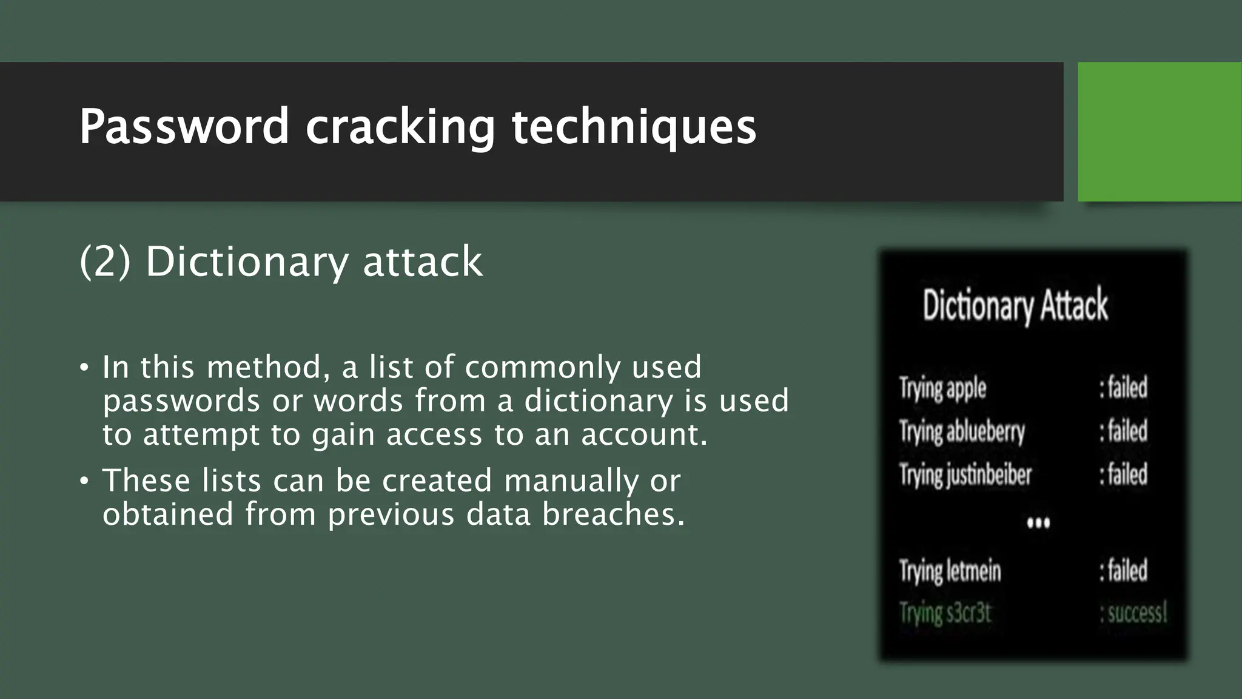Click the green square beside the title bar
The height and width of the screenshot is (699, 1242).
pyautogui.click(x=1160, y=131)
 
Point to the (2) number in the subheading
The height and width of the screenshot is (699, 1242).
pyautogui.click(x=105, y=262)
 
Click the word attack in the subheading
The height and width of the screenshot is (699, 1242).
pyautogui.click(x=423, y=262)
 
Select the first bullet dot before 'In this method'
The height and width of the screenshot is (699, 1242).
pyautogui.click(x=84, y=368)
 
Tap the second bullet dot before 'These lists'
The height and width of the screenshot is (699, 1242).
pyautogui.click(x=84, y=481)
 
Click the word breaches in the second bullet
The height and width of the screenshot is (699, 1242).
pyautogui.click(x=613, y=515)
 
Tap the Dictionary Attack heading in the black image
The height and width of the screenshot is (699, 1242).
pyautogui.click(x=1015, y=305)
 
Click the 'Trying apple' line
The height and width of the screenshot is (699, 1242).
pyautogui.click(x=942, y=388)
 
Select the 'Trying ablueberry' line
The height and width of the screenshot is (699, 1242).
pyautogui.click(x=962, y=432)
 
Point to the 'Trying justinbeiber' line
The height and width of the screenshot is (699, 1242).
pyautogui.click(x=965, y=474)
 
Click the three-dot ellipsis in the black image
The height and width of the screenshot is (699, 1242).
pyautogui.click(x=1038, y=522)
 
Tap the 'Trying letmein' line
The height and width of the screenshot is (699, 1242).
pyautogui.click(x=950, y=571)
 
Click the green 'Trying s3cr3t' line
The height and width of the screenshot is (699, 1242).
pyautogui.click(x=945, y=613)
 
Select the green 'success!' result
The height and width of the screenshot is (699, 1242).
pyautogui.click(x=1133, y=613)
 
